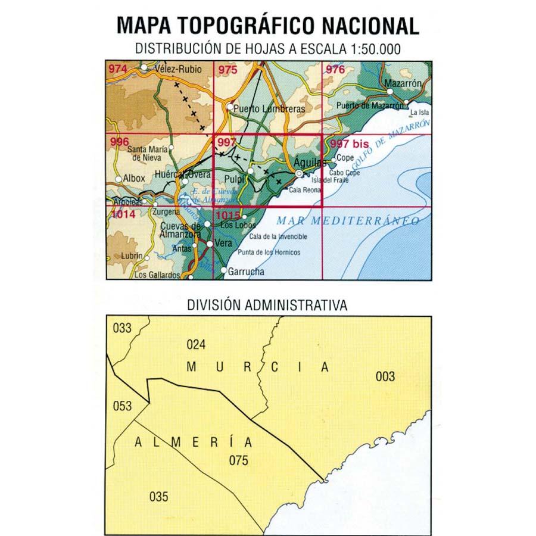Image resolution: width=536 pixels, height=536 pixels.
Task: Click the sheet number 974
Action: tap(118, 70)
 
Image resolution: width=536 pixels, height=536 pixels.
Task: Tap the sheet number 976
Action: tap(335, 70)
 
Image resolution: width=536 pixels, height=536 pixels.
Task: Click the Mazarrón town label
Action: tap(403, 84)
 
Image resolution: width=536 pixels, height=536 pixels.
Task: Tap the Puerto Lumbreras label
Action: tap(269, 109)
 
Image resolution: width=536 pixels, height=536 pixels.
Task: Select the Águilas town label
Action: tap(306, 161)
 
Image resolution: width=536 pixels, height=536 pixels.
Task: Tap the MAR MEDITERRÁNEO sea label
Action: tap(348, 220)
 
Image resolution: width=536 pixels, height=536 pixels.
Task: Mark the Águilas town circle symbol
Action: tap(299, 173)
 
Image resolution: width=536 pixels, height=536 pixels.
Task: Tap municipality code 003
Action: tap(385, 376)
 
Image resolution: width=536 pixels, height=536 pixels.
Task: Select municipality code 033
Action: tap(121, 327)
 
